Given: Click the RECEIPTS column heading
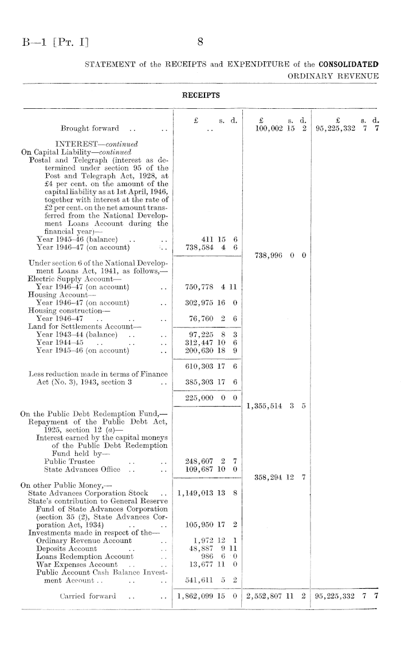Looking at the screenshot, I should tap(200, 93).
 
